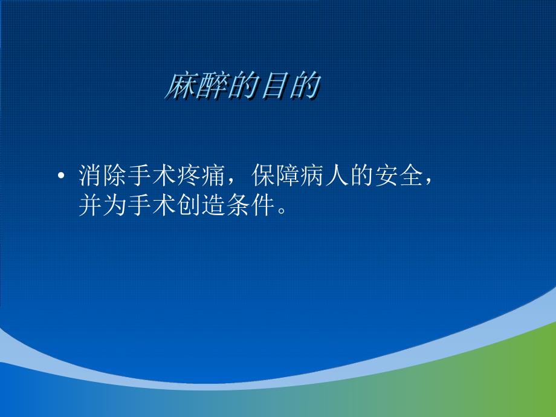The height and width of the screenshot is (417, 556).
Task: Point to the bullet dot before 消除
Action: (60, 177)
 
